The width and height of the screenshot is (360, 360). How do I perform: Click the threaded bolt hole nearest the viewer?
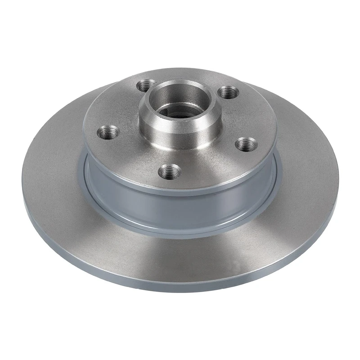pyautogui.click(x=169, y=171)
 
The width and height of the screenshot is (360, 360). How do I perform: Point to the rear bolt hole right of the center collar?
pyautogui.click(x=227, y=92)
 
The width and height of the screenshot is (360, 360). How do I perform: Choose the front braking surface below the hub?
pyautogui.click(x=180, y=256)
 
